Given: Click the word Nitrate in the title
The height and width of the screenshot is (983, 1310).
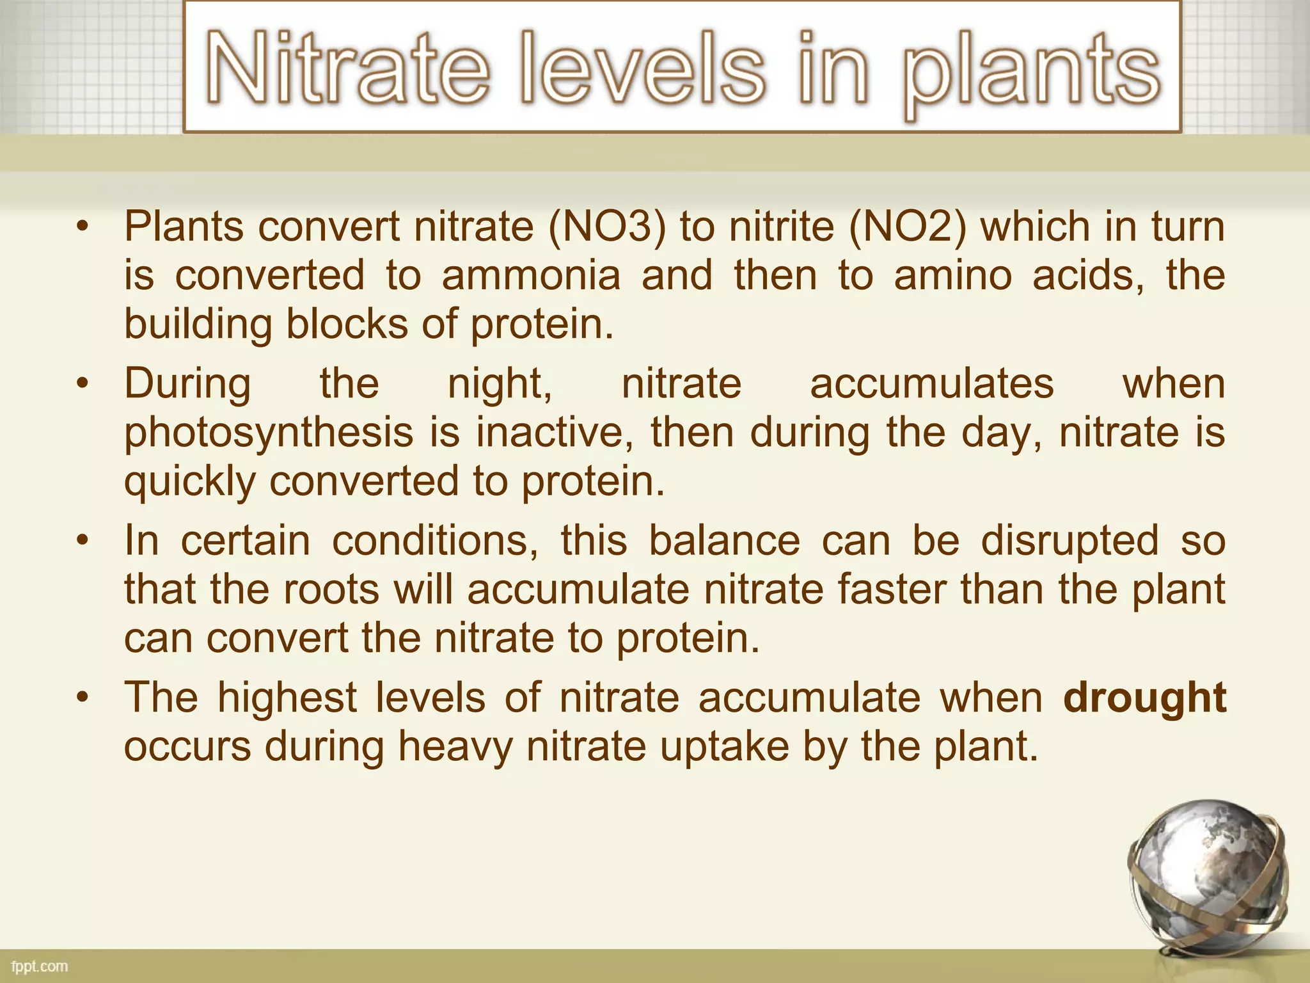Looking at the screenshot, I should [348, 69].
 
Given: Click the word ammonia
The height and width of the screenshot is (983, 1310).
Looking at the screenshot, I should [531, 276].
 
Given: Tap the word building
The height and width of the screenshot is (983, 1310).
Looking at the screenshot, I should [198, 325].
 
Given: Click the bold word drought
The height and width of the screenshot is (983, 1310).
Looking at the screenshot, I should [1144, 698].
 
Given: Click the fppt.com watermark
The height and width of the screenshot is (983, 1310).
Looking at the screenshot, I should [40, 966].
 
